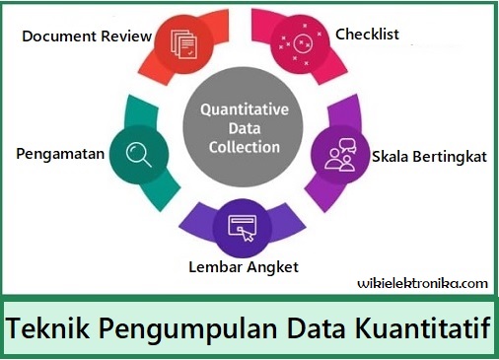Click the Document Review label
(87, 36)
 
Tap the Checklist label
(367, 35)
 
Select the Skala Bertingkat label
(429, 157)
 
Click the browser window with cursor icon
(242, 225)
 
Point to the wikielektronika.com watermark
(422, 283)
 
